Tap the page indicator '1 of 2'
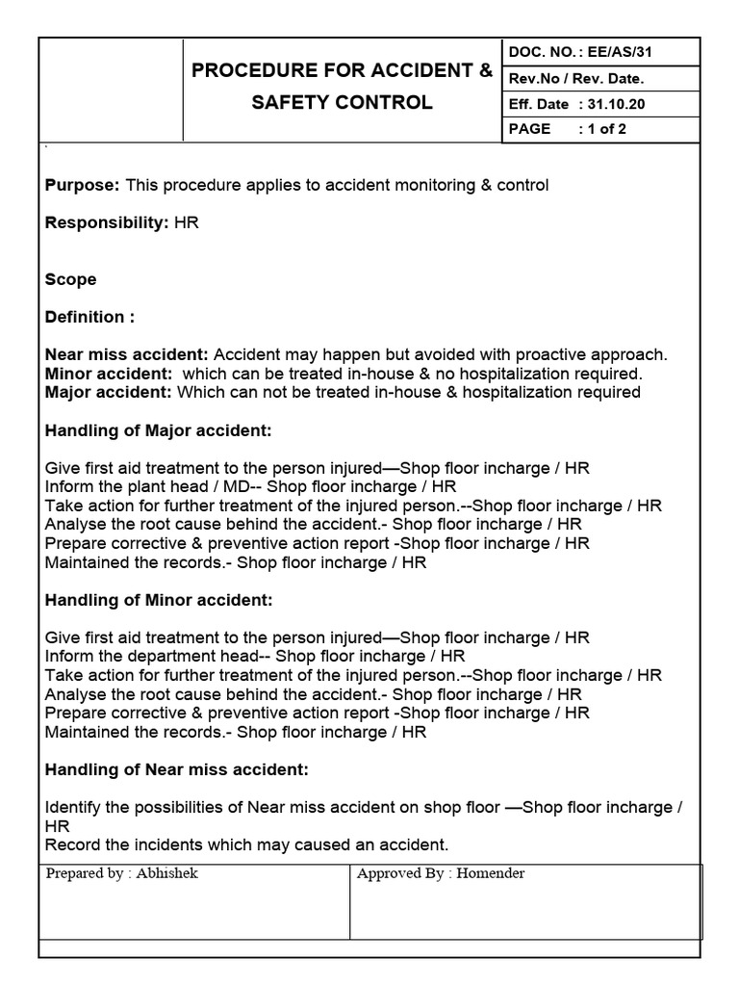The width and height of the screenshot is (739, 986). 607,129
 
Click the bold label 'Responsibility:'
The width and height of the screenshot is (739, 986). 107,222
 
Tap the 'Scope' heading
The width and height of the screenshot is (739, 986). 71,279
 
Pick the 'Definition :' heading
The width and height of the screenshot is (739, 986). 90,317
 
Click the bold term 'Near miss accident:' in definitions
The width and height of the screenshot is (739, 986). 127,354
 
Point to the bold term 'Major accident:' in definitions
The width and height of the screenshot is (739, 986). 109,392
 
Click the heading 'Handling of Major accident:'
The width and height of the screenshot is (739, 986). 159,430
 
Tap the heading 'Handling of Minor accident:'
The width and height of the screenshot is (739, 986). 159,600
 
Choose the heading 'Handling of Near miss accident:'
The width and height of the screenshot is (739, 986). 177,769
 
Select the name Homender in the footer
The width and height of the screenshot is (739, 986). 491,874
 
